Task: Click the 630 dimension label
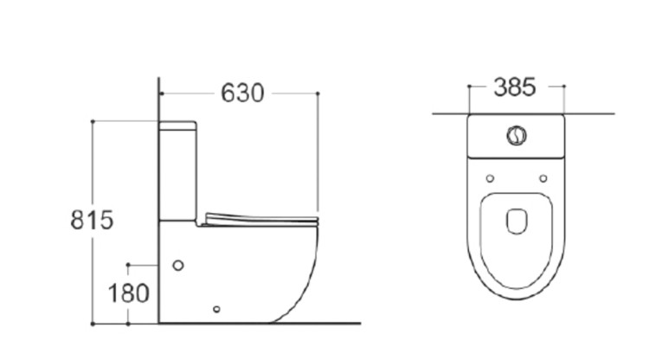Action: click(x=242, y=93)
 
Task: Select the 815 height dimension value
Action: click(x=91, y=220)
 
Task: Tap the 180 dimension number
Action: click(x=129, y=292)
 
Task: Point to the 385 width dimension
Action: click(x=515, y=87)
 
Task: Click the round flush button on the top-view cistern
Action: click(x=515, y=136)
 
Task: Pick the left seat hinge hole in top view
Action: click(x=490, y=179)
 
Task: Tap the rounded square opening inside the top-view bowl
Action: click(x=517, y=222)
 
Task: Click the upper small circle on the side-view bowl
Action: click(x=178, y=266)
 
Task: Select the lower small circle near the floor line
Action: click(x=216, y=308)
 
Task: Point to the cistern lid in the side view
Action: click(x=178, y=126)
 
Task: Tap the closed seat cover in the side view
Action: click(x=261, y=217)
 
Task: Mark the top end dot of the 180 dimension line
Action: click(x=128, y=262)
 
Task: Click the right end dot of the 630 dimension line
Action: click(x=318, y=93)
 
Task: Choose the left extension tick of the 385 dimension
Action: click(x=468, y=87)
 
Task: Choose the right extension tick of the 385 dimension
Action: click(x=564, y=87)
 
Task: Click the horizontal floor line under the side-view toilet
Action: click(x=329, y=324)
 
